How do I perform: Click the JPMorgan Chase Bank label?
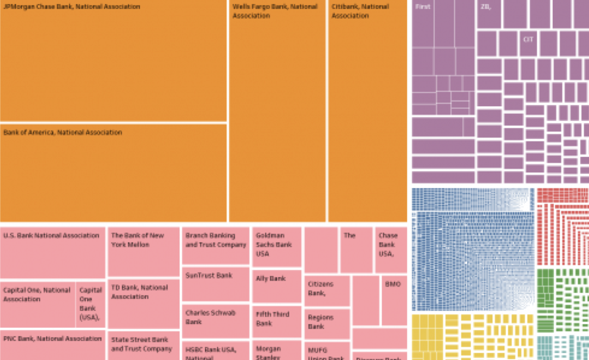click(x=71, y=7)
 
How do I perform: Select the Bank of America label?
click(x=63, y=132)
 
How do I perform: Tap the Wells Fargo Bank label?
click(x=274, y=11)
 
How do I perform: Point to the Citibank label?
click(x=360, y=11)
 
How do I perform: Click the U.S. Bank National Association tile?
click(x=53, y=252)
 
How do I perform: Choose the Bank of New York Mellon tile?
click(x=143, y=251)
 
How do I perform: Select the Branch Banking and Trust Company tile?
click(x=215, y=245)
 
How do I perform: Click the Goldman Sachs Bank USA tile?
click(x=276, y=247)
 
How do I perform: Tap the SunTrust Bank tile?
click(x=215, y=284)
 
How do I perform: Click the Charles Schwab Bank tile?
click(x=215, y=321)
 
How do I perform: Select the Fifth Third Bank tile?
click(x=276, y=321)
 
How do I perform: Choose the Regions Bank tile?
click(x=327, y=324)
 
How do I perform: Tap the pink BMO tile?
click(x=394, y=300)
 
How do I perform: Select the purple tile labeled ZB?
click(x=488, y=14)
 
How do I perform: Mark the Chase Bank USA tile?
click(x=391, y=250)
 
